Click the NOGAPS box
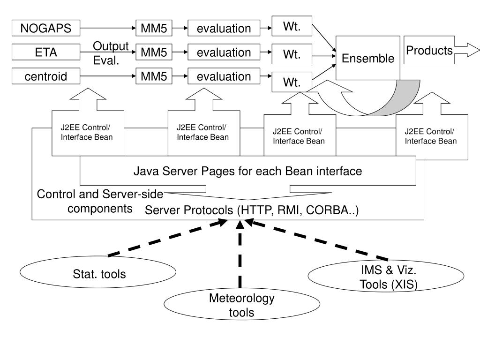click(46, 28)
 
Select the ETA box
click(46, 52)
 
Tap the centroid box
click(46, 76)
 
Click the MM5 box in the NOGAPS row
click(154, 28)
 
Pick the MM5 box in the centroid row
click(154, 76)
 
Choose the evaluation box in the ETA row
click(224, 52)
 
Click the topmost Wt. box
click(292, 26)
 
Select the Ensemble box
click(368, 58)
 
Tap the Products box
click(429, 50)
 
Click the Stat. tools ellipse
click(98, 272)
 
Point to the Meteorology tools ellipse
click(242, 304)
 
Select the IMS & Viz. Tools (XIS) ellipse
click(386, 276)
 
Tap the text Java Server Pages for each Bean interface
click(247, 171)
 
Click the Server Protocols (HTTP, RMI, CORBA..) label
click(252, 210)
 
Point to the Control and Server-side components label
click(100, 201)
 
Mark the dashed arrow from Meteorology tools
click(240, 254)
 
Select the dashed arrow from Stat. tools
click(167, 237)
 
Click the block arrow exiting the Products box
click(467, 50)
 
